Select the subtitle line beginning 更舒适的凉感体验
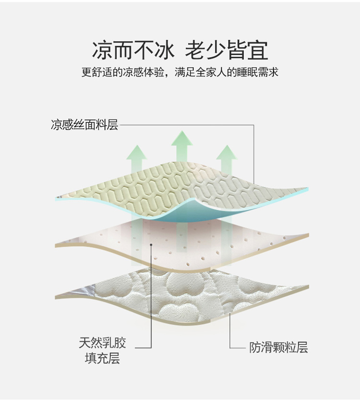pos(180,72)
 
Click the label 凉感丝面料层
pos(84,124)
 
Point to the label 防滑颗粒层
pos(278,347)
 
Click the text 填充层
pos(103,358)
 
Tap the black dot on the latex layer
pos(151,244)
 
